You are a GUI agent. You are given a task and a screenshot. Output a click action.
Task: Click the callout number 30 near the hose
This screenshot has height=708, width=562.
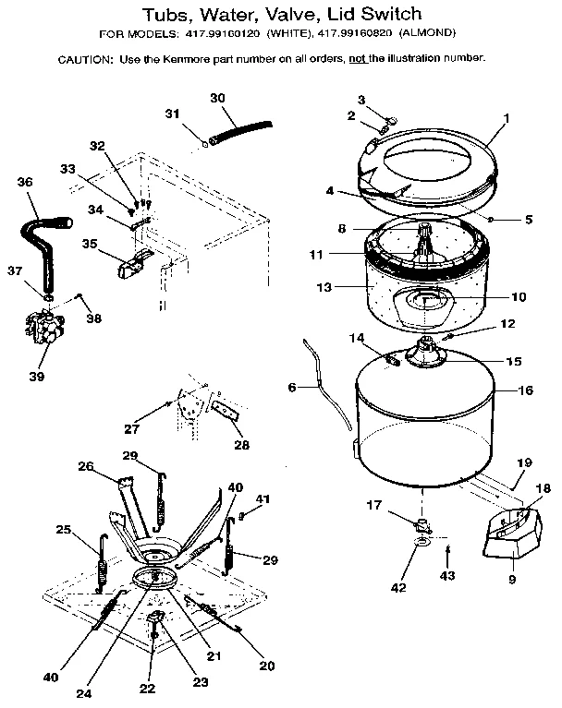coord(217,98)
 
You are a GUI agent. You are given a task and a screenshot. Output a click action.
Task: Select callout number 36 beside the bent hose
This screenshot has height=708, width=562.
coord(25,183)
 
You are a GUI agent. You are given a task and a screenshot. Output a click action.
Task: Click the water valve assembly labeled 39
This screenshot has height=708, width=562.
coord(42,330)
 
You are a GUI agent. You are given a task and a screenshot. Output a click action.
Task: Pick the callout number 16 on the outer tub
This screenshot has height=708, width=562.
coord(526,390)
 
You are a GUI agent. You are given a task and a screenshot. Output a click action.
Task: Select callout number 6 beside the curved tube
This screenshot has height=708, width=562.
coord(291,388)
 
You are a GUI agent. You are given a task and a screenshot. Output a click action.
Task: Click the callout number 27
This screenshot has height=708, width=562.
coord(132,427)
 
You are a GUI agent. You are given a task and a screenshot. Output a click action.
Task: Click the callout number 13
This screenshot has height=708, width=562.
coord(324,288)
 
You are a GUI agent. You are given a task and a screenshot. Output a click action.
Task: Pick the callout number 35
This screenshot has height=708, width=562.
coord(89,244)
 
